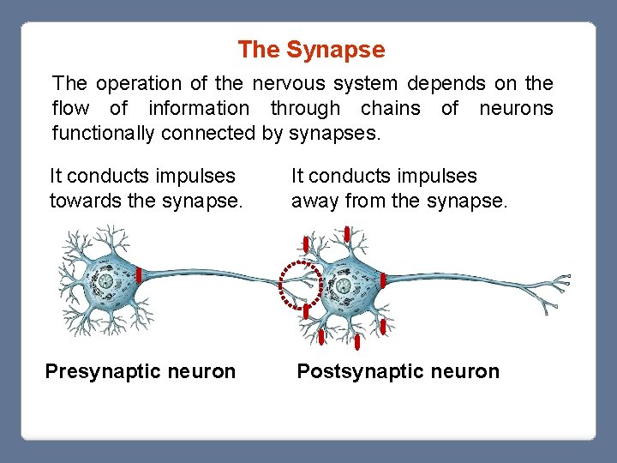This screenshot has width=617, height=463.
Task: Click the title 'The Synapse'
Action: tap(311, 50)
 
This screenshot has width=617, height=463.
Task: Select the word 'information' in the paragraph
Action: tap(199, 109)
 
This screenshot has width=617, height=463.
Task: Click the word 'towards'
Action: tap(82, 201)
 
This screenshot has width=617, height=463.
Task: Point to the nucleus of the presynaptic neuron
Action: tap(105, 282)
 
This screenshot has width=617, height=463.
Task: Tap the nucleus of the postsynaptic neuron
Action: tap(343, 286)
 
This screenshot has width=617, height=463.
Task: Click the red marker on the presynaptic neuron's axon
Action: tap(139, 276)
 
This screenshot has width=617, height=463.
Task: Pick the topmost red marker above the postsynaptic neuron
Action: tap(347, 234)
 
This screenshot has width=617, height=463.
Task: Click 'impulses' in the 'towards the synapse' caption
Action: tap(197, 177)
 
